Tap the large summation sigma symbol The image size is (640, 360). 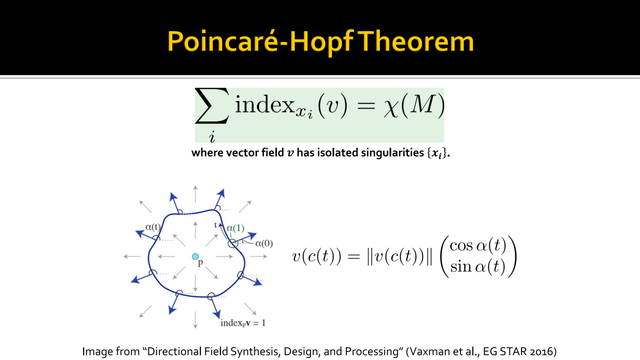[x=212, y=106]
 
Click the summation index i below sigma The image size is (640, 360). [x=211, y=136]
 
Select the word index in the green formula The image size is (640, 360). [x=264, y=104]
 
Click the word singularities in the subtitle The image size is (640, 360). [x=392, y=153]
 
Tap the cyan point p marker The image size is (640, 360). [x=195, y=256]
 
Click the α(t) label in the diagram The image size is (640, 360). [x=153, y=227]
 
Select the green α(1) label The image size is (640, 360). [x=235, y=228]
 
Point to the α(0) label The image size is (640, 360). [x=264, y=243]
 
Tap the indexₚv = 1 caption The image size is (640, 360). [x=243, y=323]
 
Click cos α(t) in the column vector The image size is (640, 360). [x=477, y=245]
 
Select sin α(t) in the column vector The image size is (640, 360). [x=477, y=266]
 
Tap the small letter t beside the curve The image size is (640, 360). [x=215, y=225]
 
